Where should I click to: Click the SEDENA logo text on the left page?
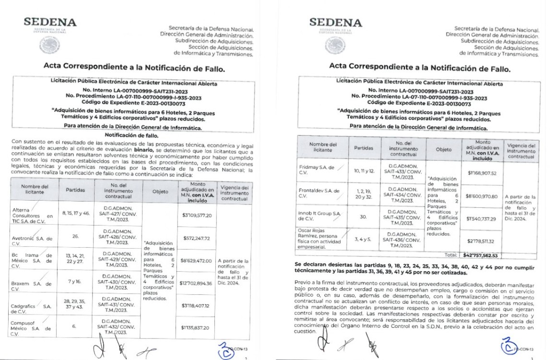pyautogui.click(x=50, y=23)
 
